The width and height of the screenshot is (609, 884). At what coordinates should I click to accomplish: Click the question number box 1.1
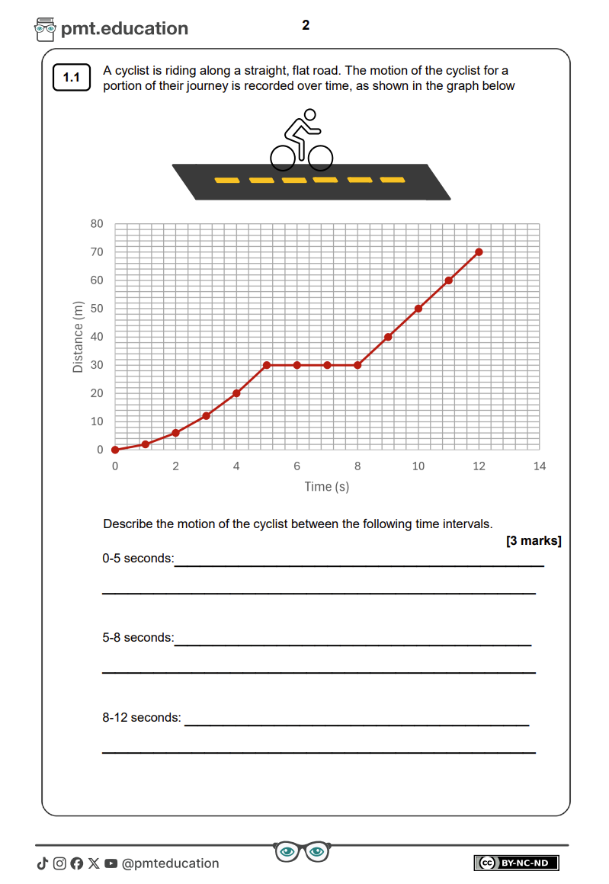click(72, 78)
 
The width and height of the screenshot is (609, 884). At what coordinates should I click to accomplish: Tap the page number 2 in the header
click(306, 25)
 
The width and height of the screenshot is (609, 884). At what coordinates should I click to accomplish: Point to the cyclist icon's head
click(309, 115)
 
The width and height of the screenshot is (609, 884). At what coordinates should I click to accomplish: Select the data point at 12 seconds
click(479, 252)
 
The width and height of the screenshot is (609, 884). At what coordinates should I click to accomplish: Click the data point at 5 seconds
click(267, 365)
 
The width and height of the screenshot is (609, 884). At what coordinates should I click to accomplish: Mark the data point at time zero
click(115, 450)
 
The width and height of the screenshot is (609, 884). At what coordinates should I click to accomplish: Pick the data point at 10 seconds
click(418, 309)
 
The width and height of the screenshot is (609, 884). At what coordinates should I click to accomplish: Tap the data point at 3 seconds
click(206, 416)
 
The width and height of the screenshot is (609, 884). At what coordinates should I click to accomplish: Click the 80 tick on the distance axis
click(96, 224)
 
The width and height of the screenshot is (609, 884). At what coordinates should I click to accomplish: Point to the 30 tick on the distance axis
click(96, 365)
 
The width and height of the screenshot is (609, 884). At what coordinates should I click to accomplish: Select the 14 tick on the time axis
click(540, 466)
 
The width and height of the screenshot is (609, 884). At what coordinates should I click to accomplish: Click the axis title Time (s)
click(327, 486)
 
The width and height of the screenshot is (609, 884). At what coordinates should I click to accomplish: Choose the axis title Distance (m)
click(78, 337)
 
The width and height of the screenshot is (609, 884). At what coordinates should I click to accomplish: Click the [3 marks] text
click(534, 541)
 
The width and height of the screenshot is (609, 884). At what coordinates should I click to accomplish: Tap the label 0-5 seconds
click(138, 559)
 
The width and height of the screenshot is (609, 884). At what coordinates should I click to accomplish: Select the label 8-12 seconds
click(142, 718)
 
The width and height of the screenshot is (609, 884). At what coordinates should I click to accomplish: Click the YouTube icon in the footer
click(111, 863)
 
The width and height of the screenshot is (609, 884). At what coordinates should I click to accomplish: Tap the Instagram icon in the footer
click(59, 863)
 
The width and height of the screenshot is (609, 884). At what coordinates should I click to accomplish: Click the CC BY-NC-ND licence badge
click(517, 863)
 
